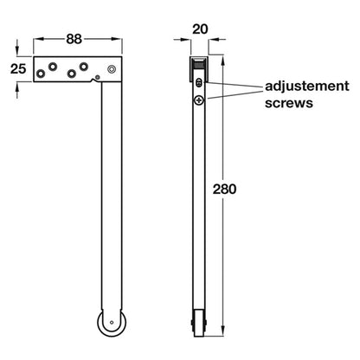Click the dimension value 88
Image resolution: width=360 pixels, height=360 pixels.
(74, 39)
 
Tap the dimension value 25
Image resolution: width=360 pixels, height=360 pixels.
(18, 69)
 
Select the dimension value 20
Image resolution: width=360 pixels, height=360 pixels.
(200, 29)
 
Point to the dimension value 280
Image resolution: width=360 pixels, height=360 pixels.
(224, 190)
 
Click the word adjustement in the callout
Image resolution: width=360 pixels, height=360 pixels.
(307, 87)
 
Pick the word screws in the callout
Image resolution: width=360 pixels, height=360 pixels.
(289, 103)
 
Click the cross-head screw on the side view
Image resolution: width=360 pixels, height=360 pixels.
(199, 100)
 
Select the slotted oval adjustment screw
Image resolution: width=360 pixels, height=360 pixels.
(199, 83)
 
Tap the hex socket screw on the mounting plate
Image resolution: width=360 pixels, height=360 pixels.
(112, 69)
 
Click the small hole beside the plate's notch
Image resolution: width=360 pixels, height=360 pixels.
(98, 77)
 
